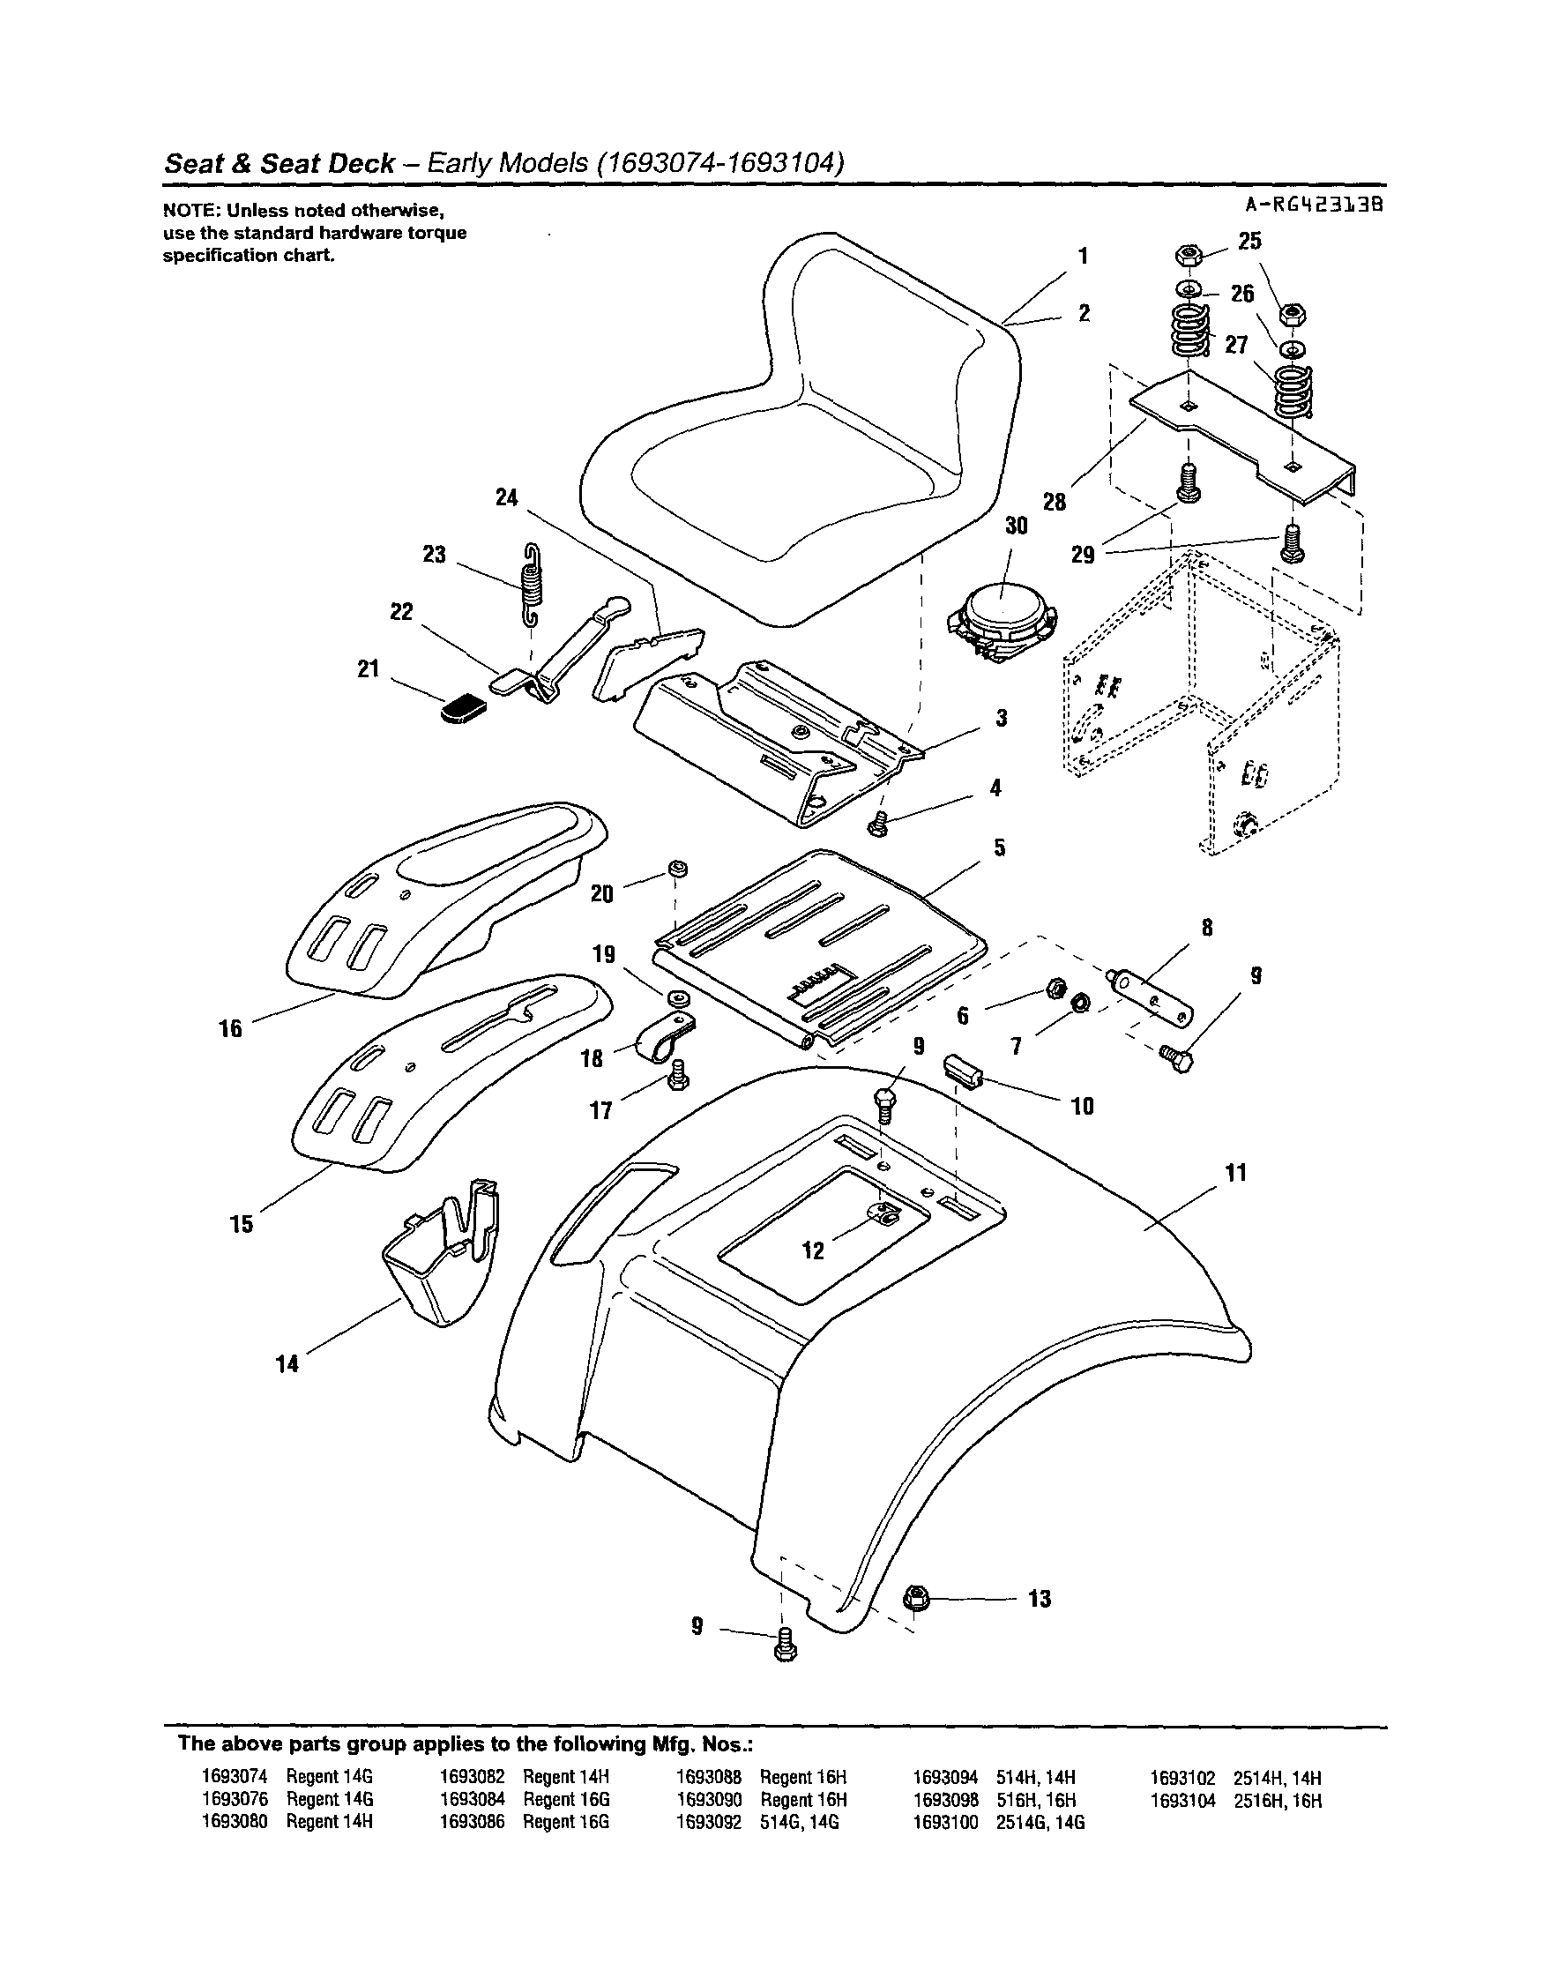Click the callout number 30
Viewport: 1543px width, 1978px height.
(x=1016, y=526)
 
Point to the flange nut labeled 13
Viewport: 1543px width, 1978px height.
(x=915, y=1599)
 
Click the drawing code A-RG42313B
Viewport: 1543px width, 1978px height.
(x=1315, y=205)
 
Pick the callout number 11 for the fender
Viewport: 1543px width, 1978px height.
(x=1235, y=1173)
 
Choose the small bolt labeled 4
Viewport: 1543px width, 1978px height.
(x=876, y=824)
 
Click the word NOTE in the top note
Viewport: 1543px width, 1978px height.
(x=190, y=211)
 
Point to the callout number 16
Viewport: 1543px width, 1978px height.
(x=231, y=1028)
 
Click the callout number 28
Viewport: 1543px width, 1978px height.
(x=1054, y=502)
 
